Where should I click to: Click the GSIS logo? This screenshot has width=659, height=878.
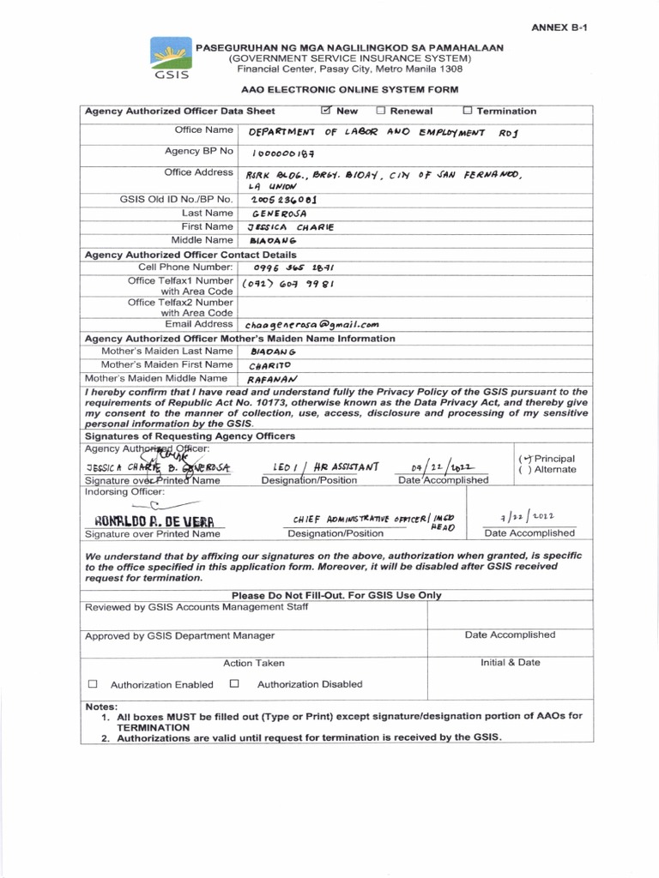[x=172, y=58]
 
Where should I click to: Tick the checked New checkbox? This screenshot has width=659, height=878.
[x=325, y=111]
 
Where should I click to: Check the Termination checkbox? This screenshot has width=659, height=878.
[x=468, y=111]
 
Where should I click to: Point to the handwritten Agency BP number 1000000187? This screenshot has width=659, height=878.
[x=284, y=153]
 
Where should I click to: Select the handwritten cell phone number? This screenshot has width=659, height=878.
[x=293, y=268]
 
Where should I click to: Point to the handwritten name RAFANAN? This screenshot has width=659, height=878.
[x=272, y=378]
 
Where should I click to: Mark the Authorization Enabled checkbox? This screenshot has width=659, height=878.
[x=93, y=684]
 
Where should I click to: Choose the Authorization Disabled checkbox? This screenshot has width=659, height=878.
[x=234, y=684]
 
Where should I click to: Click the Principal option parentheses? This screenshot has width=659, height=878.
[x=525, y=459]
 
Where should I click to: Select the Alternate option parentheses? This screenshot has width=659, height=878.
[x=525, y=470]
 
